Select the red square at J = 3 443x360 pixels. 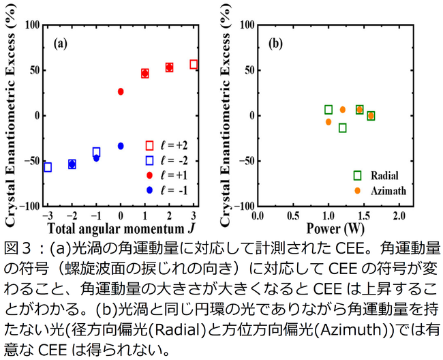click(x=194, y=64)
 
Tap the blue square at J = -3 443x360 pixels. click(x=48, y=167)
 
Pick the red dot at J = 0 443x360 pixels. click(x=121, y=91)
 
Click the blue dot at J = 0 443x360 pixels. click(x=121, y=146)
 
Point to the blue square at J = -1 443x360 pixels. click(x=96, y=152)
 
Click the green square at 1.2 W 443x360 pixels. click(x=343, y=127)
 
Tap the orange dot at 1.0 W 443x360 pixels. click(x=329, y=122)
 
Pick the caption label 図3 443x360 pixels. click(x=16, y=245)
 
